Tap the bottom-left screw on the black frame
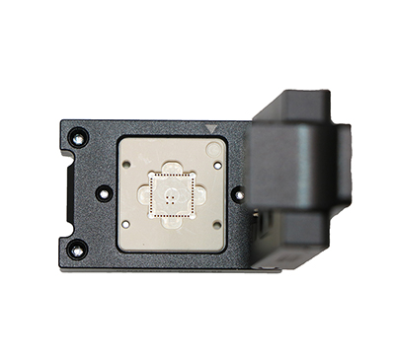pyautogui.click(x=76, y=252)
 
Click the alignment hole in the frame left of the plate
pyautogui.click(x=102, y=193)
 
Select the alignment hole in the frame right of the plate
pyautogui.click(x=238, y=194)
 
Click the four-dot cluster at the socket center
pyautogui.click(x=171, y=195)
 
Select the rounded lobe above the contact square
pyautogui.click(x=171, y=168)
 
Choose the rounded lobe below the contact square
pyautogui.click(x=171, y=223)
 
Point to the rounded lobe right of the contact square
pyautogui.click(x=198, y=195)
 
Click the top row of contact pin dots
pyautogui.click(x=171, y=177)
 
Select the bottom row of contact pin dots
pyautogui.click(x=171, y=214)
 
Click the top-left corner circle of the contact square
pyautogui.click(x=153, y=178)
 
